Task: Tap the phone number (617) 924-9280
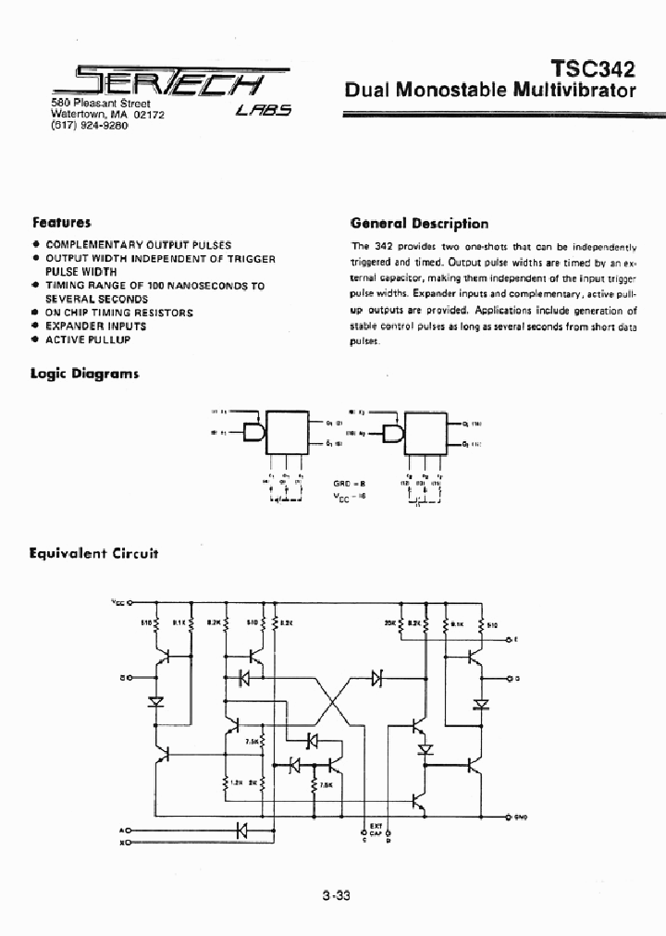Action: [x=89, y=125]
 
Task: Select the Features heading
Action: [x=61, y=223]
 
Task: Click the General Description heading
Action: [x=419, y=223]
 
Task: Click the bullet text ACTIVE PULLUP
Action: [x=88, y=339]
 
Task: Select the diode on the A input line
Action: [x=243, y=830]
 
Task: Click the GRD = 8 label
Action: [x=344, y=483]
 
